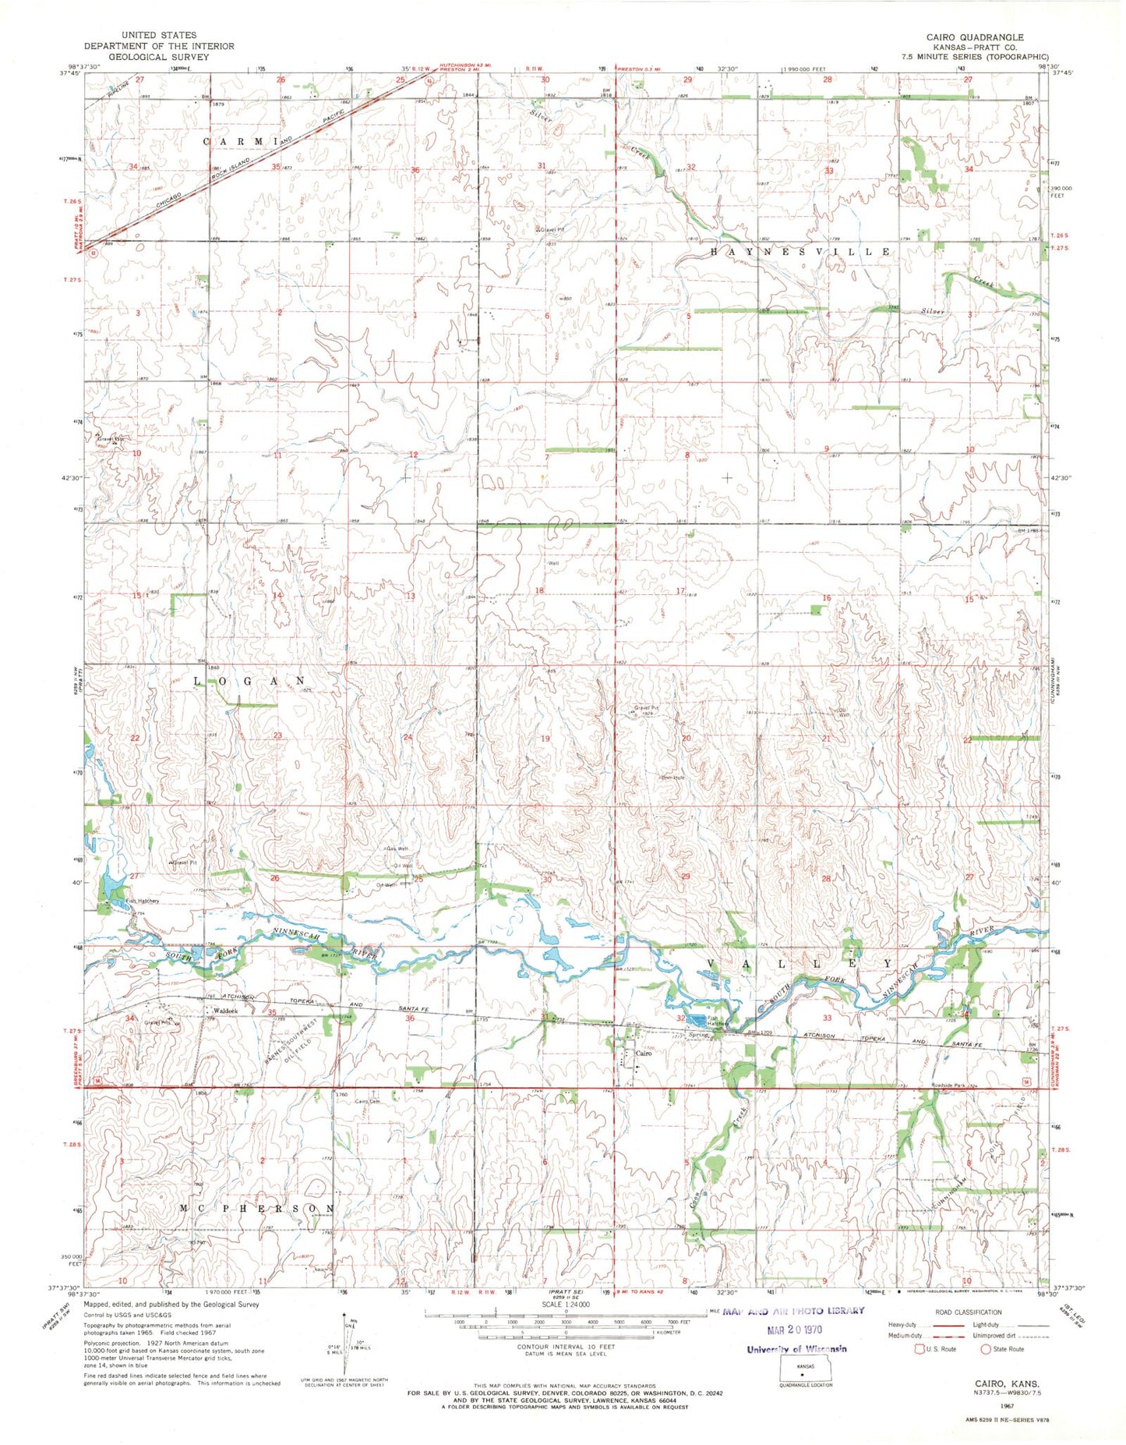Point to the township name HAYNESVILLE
(800, 252)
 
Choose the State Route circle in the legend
(986, 1348)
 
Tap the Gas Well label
(397, 848)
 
